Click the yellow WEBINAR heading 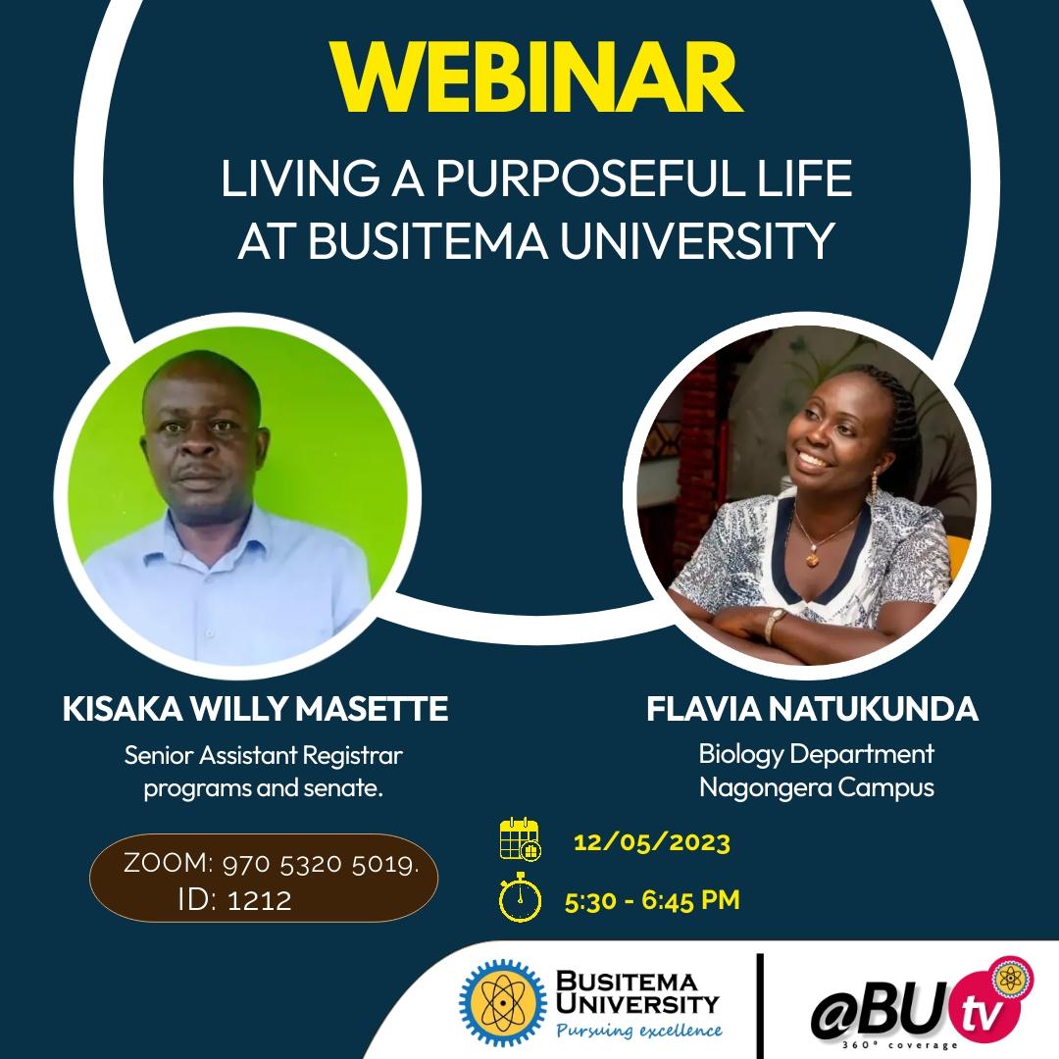535,77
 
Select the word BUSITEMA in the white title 428,240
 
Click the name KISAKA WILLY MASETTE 255,709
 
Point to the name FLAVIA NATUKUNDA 812,709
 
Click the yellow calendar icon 520,838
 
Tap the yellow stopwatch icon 520,897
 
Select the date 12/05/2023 652,843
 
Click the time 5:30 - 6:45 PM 652,900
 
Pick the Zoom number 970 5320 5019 321,865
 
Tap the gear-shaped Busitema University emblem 503,1002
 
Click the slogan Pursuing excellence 639,1031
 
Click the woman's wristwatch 774,625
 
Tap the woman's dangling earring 874,485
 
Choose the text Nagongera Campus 817,787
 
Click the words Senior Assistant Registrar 264,755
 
